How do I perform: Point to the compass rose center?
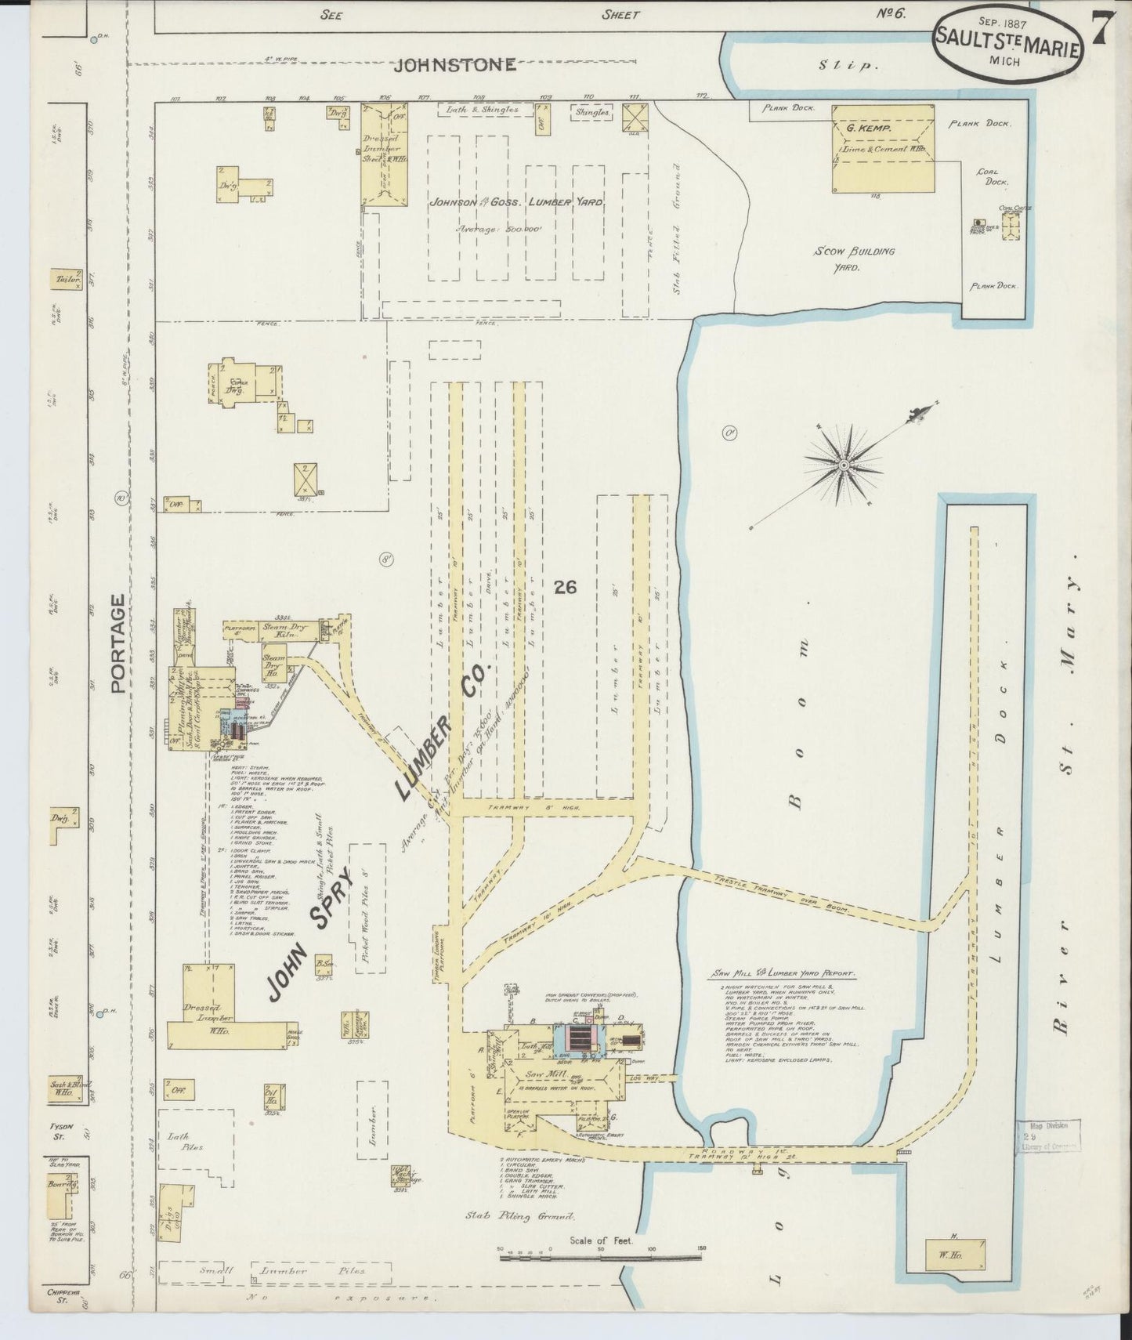click(844, 465)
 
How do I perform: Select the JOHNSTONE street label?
click(454, 64)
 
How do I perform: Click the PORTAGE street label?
click(118, 643)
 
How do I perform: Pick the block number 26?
click(565, 586)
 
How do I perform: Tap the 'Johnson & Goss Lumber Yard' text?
click(515, 202)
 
